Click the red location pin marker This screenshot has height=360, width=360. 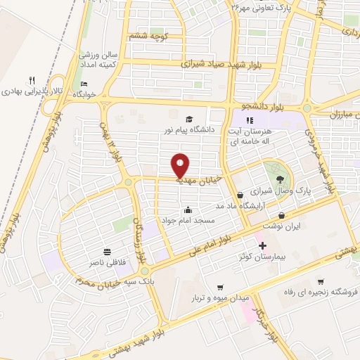(181, 165)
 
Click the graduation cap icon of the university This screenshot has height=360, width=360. (188, 119)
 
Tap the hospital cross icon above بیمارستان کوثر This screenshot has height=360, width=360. (263, 245)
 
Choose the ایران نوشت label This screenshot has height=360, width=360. (282, 226)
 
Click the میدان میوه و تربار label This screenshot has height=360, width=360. (221, 298)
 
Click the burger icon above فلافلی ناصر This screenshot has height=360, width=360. (107, 251)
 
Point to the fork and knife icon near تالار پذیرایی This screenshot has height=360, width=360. (32, 80)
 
